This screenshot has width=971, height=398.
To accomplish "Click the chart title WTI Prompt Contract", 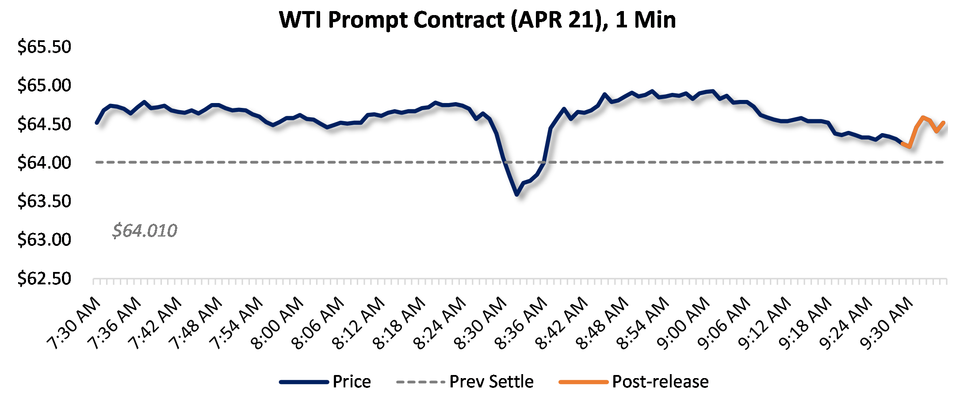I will (x=478, y=20).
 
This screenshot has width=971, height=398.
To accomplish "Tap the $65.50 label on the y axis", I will (x=44, y=47).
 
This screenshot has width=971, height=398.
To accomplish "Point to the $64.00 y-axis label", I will (x=44, y=163).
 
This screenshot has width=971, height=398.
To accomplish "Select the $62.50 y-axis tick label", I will (x=44, y=279).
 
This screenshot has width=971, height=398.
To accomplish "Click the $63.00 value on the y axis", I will (x=44, y=240).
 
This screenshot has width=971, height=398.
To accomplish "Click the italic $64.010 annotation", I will (x=145, y=230).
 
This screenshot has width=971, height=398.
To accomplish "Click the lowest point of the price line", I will (x=516, y=194).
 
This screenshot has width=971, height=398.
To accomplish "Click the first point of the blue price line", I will (x=97, y=122).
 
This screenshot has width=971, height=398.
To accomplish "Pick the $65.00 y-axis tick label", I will (x=44, y=85).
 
